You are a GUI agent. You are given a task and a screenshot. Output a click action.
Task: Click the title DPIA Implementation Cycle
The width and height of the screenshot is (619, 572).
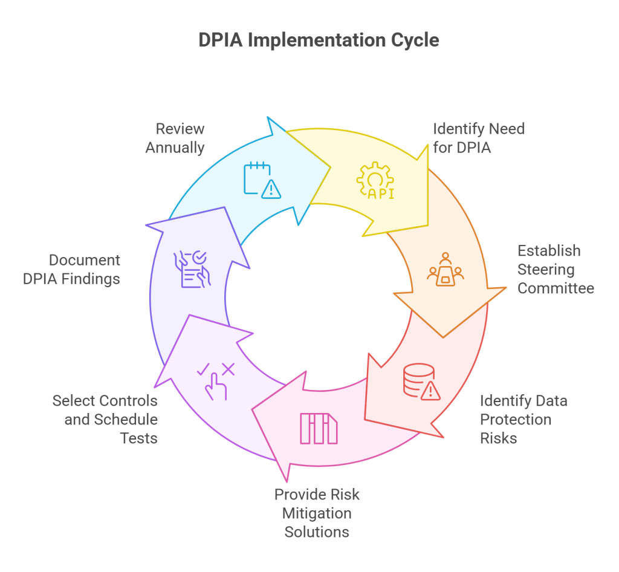coord(319,40)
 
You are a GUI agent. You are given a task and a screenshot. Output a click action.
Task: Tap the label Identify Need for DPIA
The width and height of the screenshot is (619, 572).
coord(478,138)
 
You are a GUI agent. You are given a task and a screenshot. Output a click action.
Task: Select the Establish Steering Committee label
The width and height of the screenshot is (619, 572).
coord(556,269)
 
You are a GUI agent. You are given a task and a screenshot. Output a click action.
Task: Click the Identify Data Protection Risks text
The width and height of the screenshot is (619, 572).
coord(523,419)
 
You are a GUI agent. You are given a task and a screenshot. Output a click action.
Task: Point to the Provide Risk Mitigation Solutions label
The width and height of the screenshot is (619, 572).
coord(317,513)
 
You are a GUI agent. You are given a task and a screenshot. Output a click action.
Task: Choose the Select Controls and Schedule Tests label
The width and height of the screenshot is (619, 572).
coord(105,419)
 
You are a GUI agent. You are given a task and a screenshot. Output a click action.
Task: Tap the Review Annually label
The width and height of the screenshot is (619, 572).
coord(175,138)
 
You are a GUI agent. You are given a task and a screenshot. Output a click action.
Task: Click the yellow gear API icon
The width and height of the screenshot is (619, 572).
coord(375,180)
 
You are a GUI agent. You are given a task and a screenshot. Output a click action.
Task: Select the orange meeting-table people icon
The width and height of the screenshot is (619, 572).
coord(446,270)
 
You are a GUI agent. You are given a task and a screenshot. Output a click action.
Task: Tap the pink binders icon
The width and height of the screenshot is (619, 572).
coord(319,429)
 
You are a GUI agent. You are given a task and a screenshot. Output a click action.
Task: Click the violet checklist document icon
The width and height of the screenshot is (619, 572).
coord(192,269)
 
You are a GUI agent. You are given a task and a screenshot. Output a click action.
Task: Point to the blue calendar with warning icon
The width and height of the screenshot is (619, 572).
coord(262,180)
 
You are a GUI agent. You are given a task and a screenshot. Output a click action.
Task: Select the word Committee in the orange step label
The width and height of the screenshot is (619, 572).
coord(556,288)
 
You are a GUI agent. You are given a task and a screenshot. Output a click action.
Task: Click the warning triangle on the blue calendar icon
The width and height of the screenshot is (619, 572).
coord(271,189)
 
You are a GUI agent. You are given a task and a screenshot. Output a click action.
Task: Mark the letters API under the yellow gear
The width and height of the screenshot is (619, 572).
coord(375,193)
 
